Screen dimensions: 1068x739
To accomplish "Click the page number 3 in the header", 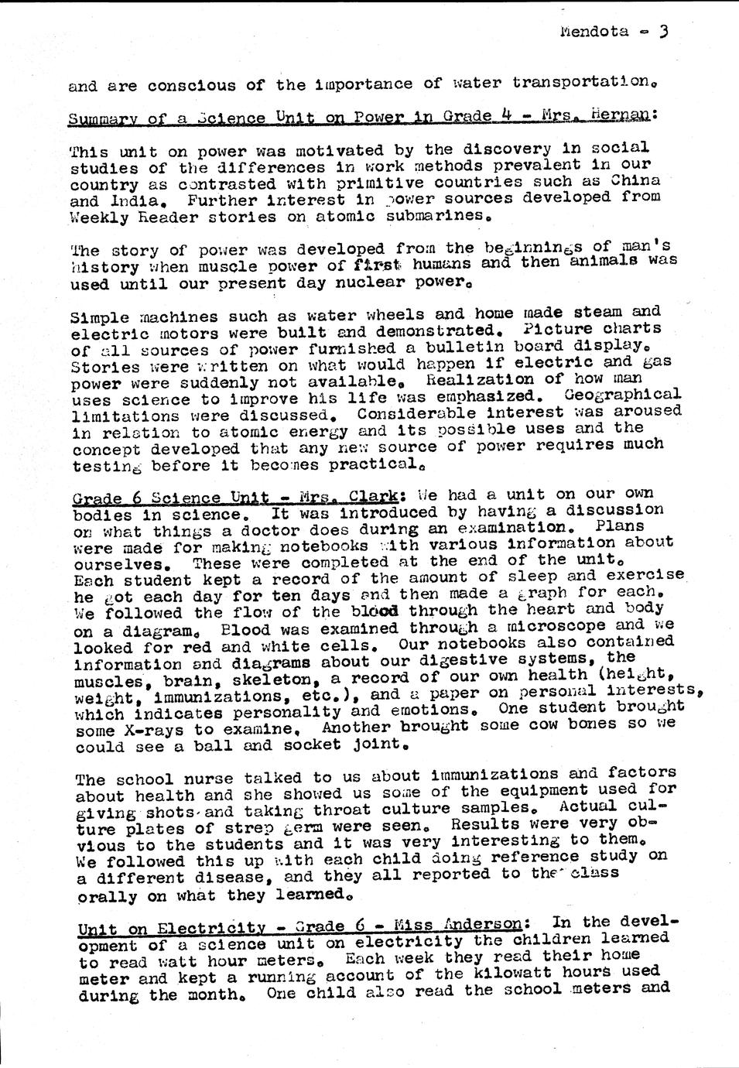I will (663, 31).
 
